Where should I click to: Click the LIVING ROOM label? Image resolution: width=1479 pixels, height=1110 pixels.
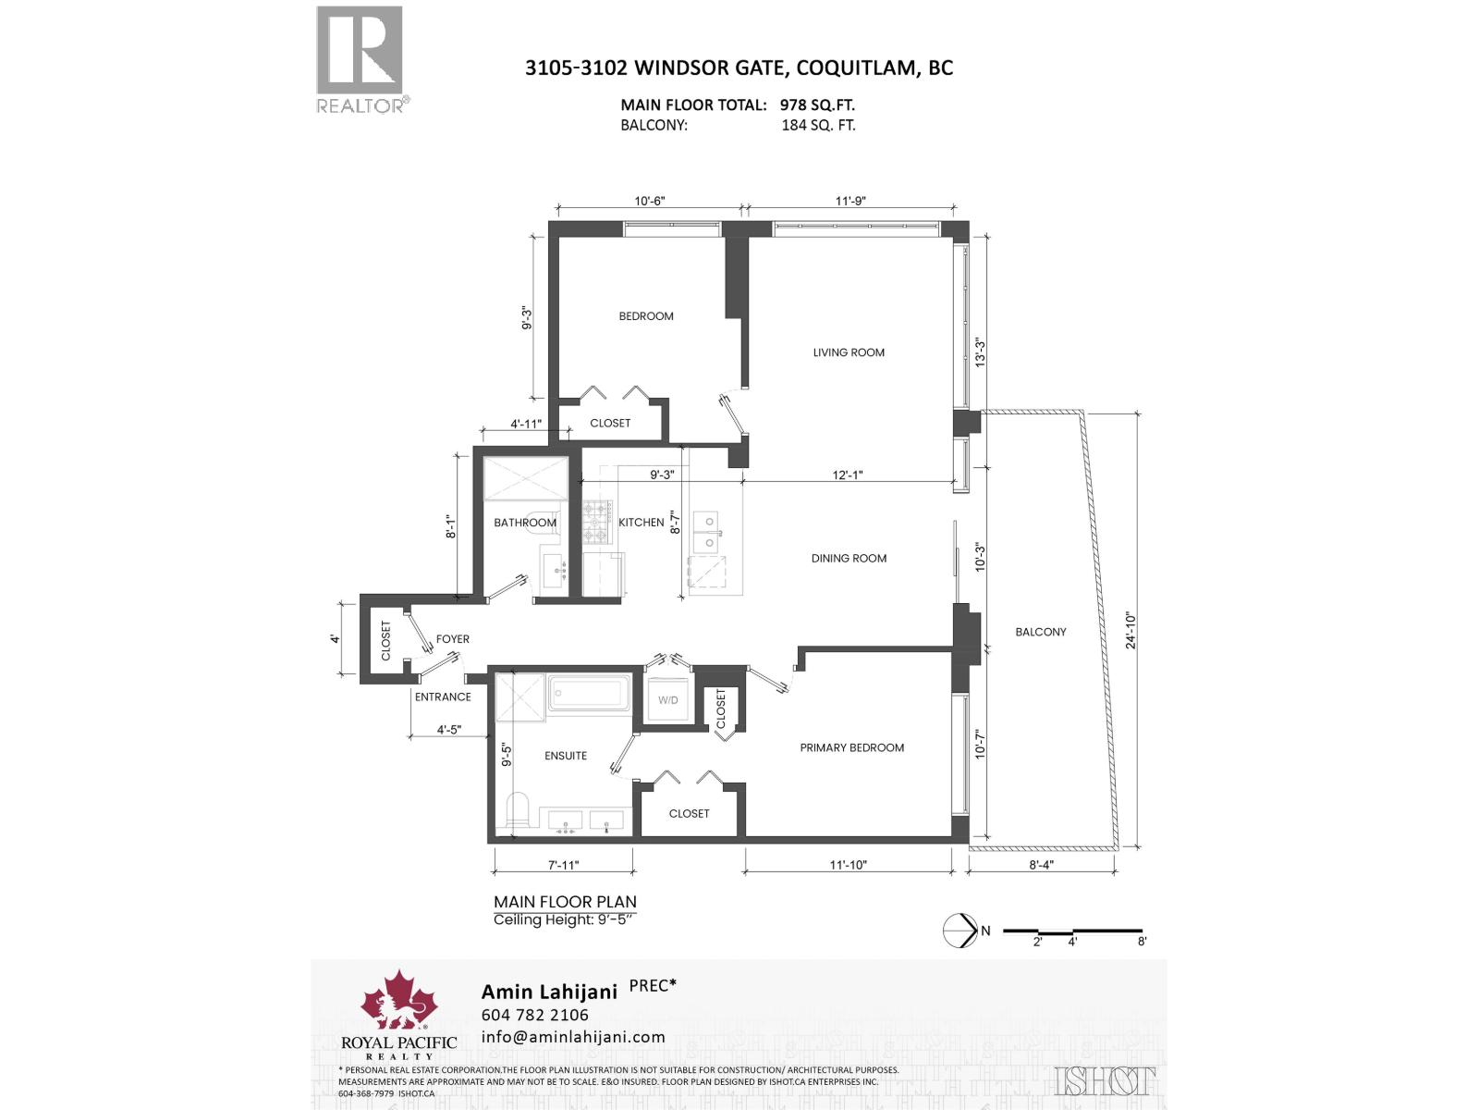point(849,352)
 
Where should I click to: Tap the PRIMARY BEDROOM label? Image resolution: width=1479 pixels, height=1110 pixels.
point(851,747)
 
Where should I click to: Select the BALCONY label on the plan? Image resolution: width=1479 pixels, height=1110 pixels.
point(1040,632)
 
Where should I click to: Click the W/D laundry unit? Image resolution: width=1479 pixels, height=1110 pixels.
point(667,700)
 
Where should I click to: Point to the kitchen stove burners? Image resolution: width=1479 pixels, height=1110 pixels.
point(597,521)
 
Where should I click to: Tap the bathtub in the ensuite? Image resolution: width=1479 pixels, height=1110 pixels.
point(590,693)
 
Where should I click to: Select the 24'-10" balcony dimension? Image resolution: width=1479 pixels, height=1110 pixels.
point(1131,629)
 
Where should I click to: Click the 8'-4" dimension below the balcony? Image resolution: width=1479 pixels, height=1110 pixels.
point(1041,866)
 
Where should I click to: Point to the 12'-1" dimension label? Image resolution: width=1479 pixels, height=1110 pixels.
point(847,475)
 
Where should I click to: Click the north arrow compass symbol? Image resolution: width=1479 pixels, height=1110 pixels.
point(960,931)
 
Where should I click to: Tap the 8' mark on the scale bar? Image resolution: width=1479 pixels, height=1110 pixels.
point(1143,942)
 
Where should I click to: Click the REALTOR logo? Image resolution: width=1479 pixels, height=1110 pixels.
point(361,59)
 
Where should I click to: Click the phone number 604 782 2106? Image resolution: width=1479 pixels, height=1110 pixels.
point(534,1015)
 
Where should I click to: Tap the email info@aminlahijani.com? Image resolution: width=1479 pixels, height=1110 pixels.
point(573,1037)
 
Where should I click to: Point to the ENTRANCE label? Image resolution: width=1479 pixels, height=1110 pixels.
point(443,697)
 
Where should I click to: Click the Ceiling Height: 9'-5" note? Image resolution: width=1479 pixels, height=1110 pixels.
point(565,919)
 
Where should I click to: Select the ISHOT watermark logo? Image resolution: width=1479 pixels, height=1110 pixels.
point(1105,1080)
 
